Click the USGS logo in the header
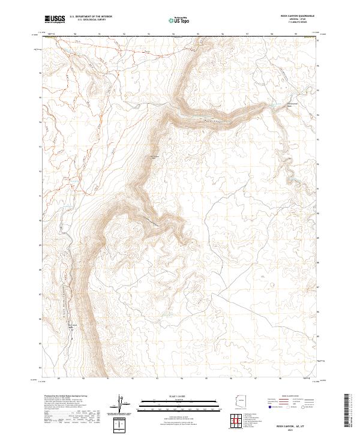pyautogui.click(x=55, y=19)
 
